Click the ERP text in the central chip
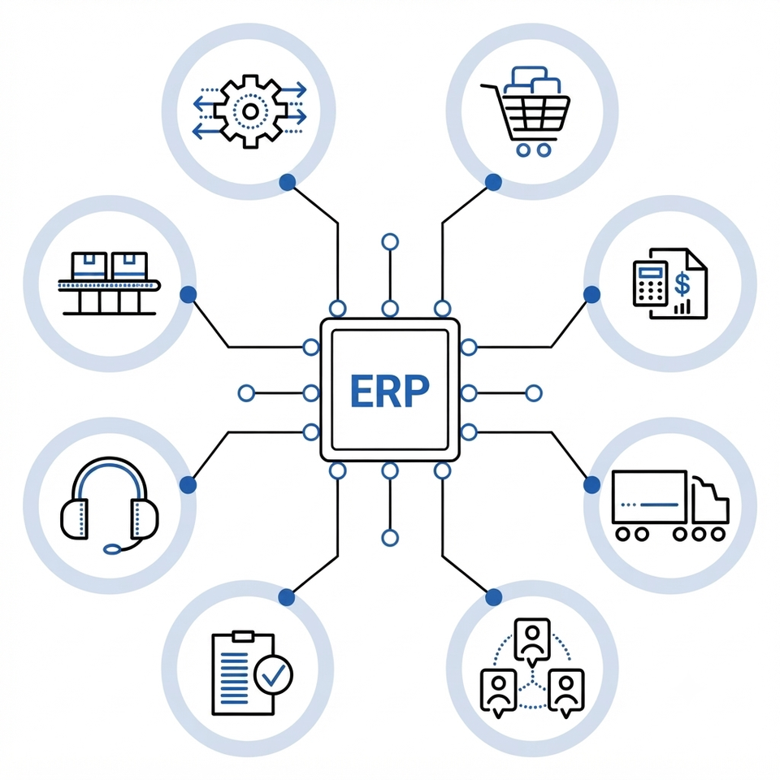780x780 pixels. pos(389,391)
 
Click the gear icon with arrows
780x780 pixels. pos(250,111)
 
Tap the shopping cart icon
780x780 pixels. pos(526,111)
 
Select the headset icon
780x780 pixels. pos(110,505)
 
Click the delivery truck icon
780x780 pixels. pos(670,505)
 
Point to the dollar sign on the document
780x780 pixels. pos(682,285)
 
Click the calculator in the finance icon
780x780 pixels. pos(650,283)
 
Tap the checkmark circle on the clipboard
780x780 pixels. pos(273,674)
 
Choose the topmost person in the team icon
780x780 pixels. pos(532,641)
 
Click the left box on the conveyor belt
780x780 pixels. pos(89,266)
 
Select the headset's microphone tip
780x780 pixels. pos(112,549)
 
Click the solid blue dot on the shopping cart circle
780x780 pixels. pos(493,183)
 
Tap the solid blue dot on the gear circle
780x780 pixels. pos(287,183)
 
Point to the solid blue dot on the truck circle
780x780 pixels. pos(591,484)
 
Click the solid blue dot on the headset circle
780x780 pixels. pos(188,484)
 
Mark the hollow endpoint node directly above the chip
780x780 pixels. pos(390,242)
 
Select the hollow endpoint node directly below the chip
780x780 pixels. pos(390,538)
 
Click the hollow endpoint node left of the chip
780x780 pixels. pos(246,393)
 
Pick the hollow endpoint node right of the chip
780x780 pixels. pos(534,393)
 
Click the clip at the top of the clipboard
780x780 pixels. pos(243,636)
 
